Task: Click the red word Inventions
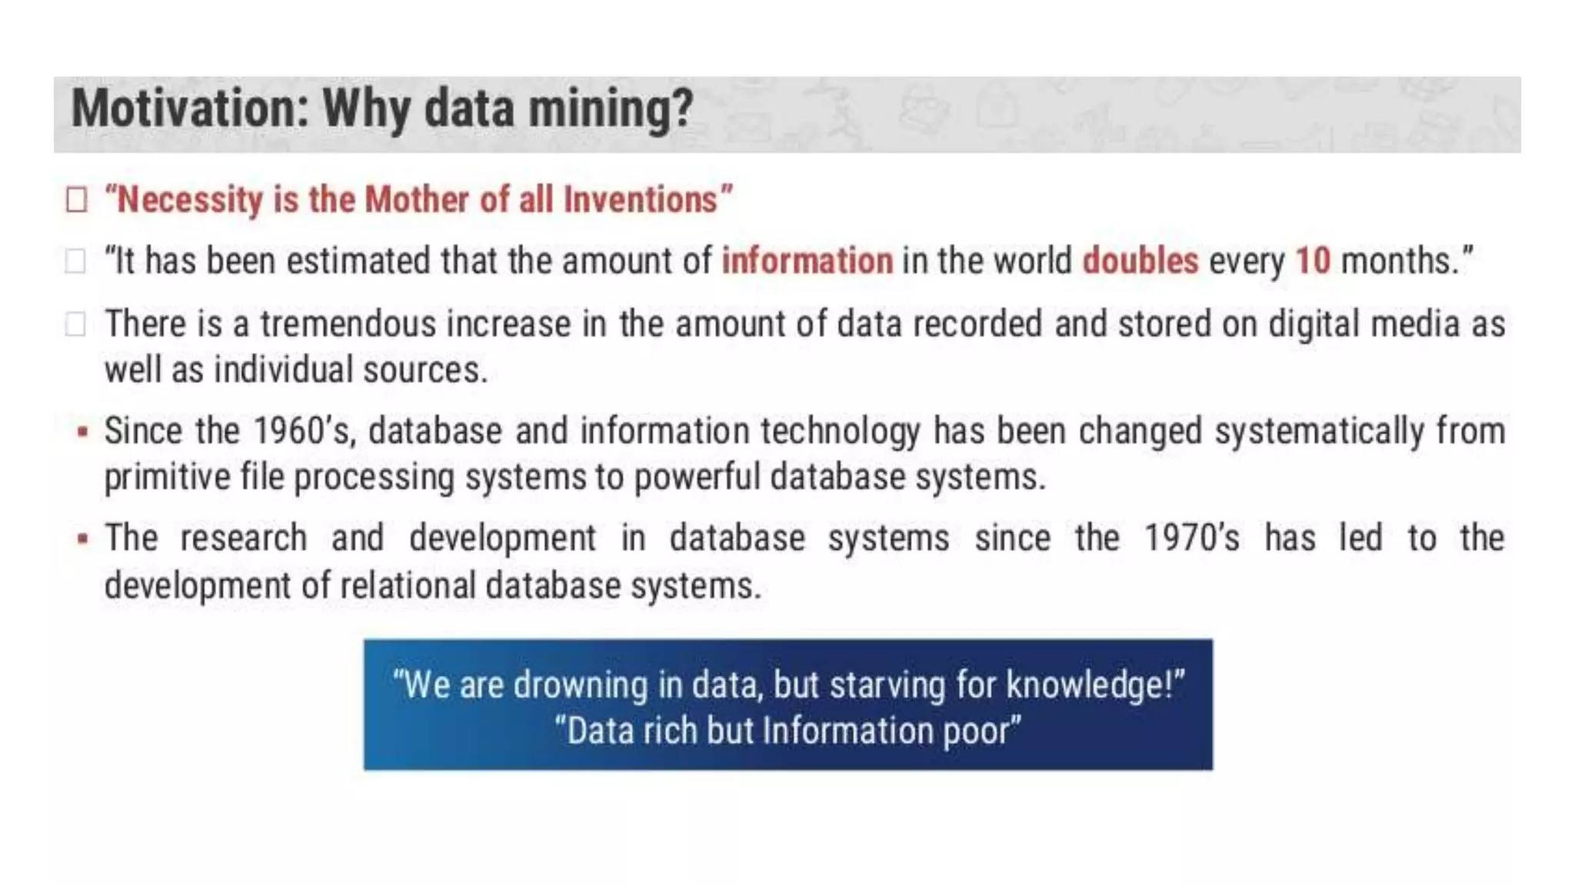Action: click(640, 200)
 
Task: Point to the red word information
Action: click(807, 261)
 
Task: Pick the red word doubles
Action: click(1140, 261)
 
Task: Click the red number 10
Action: click(1313, 261)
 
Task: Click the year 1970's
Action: click(1191, 538)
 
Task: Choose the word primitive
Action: click(167, 478)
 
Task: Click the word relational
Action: click(408, 586)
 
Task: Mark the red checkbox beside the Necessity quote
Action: click(76, 200)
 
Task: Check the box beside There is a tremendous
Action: click(75, 324)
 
